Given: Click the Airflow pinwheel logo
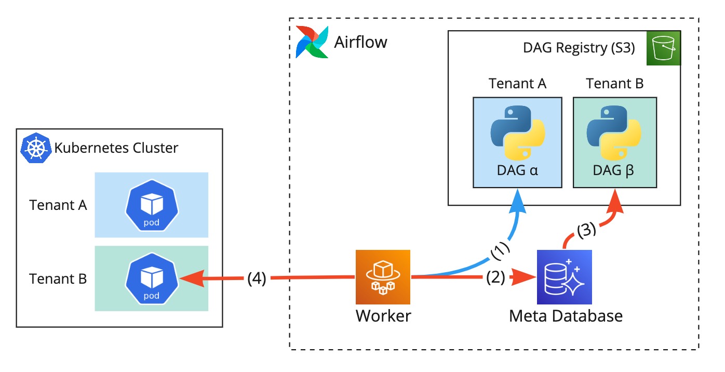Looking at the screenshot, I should [312, 41].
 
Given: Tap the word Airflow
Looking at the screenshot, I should [360, 42].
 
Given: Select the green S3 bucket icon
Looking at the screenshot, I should [663, 48].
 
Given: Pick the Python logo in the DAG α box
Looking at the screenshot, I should [517, 132].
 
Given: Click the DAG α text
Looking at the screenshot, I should [517, 170].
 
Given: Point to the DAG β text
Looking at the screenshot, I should [614, 170].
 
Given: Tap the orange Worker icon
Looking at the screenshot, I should [383, 276].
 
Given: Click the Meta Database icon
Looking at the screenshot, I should [565, 276].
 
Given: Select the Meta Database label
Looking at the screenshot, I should [566, 315].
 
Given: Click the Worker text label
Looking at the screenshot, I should [383, 315].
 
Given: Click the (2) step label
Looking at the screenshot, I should [495, 278].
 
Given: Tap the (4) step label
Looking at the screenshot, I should [257, 279].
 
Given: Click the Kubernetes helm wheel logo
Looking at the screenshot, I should [35, 148].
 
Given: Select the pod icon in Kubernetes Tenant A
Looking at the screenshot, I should [151, 205].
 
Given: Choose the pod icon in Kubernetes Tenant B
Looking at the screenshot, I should [151, 278].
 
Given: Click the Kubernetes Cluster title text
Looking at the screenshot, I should [116, 148].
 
